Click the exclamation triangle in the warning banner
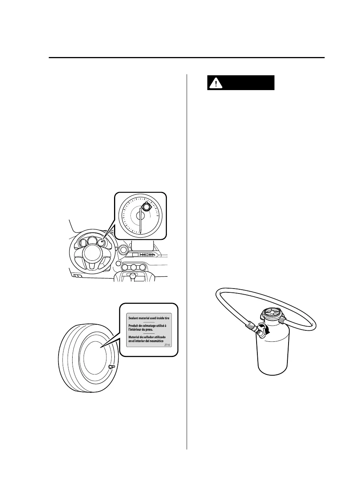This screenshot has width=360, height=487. click(215, 83)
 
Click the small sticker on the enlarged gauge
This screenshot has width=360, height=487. click(146, 208)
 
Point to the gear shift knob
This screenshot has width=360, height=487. click(133, 275)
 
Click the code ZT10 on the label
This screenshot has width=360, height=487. click(167, 346)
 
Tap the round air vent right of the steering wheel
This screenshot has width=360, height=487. click(123, 250)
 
